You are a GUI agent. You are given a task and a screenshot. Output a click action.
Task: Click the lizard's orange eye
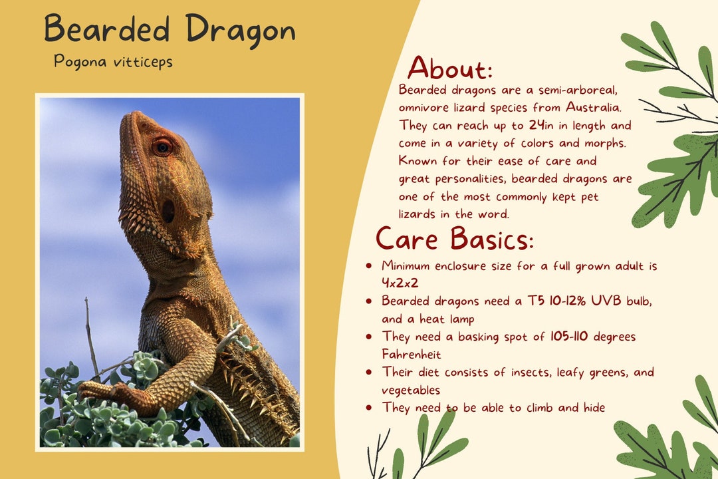162,146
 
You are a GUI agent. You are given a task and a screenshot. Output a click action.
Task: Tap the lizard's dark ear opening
168,212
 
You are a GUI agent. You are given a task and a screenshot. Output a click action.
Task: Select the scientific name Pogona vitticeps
113,62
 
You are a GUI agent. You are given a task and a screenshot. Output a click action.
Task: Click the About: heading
450,68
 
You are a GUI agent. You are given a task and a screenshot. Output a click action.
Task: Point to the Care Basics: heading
455,238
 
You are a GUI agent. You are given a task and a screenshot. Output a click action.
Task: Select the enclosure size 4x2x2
400,283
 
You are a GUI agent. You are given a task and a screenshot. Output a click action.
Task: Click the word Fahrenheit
411,355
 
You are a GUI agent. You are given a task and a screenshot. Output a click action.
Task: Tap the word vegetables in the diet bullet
411,390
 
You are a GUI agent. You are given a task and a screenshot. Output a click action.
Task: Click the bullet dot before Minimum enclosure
369,266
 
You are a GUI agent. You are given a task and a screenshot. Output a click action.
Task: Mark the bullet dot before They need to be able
369,407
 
